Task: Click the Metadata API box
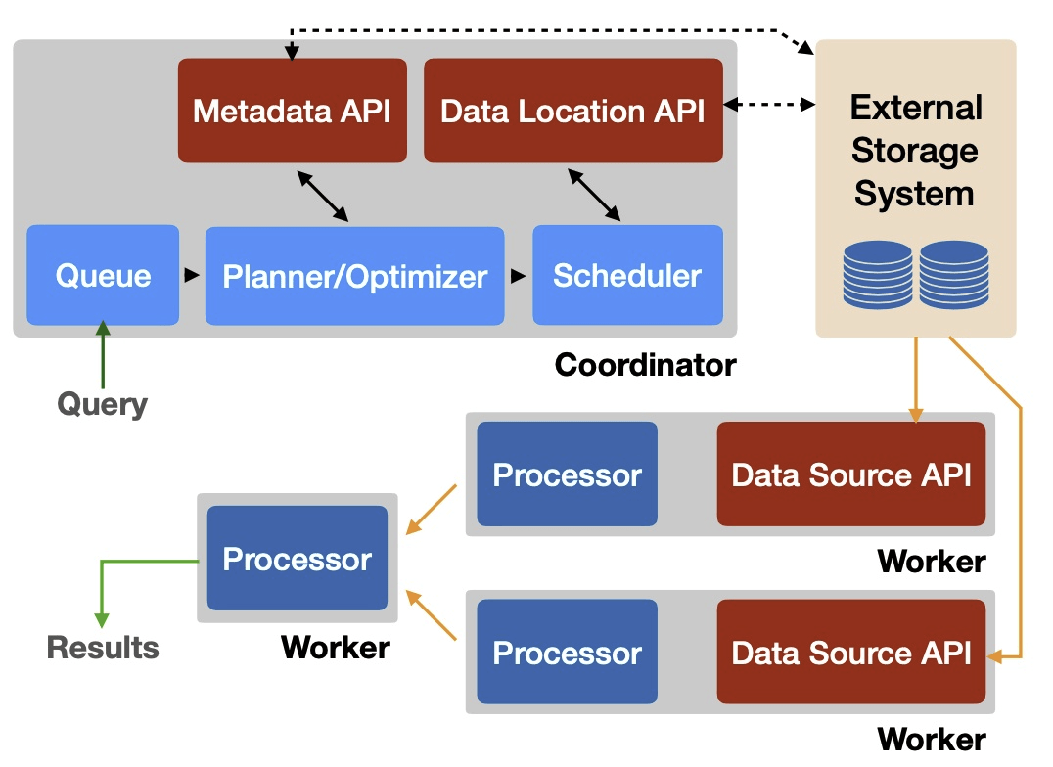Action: (x=292, y=111)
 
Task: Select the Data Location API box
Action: (x=572, y=111)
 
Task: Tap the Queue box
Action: (x=103, y=275)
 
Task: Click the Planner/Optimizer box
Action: (x=354, y=276)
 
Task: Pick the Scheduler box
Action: (x=627, y=275)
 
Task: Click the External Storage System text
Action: (x=915, y=151)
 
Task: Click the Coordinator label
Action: (x=645, y=365)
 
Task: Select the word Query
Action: (x=103, y=404)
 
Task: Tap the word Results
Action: (x=103, y=647)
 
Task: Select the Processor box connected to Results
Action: (x=298, y=559)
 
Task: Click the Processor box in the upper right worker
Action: (x=567, y=474)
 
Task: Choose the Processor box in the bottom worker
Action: (x=567, y=653)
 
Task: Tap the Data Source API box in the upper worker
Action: (x=851, y=474)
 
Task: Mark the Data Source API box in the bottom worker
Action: (x=851, y=653)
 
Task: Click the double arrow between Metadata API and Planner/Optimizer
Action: (x=323, y=195)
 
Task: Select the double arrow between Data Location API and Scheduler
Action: (x=594, y=195)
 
